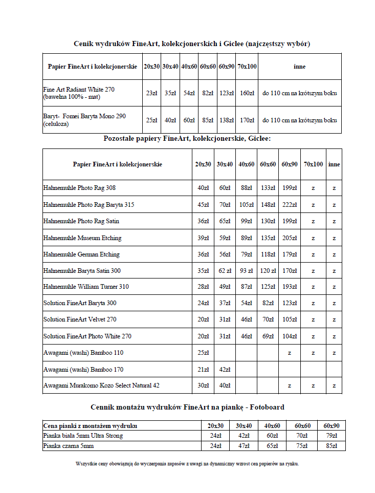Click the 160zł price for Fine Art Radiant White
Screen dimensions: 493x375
[x=247, y=93]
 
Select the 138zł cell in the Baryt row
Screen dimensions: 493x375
[x=227, y=120]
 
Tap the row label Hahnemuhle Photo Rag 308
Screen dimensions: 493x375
[x=79, y=188]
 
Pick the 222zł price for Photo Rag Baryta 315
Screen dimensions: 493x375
[x=290, y=205]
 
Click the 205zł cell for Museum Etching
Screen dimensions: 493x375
[x=290, y=238]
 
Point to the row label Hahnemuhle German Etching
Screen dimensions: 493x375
[x=81, y=254]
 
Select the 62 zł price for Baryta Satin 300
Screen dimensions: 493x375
[x=225, y=271]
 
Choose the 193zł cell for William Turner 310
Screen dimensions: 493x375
[x=290, y=287]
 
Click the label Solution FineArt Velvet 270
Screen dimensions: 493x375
[x=80, y=319]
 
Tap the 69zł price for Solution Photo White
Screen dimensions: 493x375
[x=268, y=336]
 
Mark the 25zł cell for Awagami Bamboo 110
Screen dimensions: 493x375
[x=203, y=353]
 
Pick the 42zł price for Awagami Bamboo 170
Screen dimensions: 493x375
[x=225, y=370]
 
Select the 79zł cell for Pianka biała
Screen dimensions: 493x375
[x=331, y=436]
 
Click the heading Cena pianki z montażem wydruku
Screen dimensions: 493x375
[x=90, y=426]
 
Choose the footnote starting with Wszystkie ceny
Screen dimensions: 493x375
[x=187, y=464]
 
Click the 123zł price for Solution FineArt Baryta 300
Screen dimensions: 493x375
[x=290, y=304]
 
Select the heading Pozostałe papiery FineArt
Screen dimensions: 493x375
[x=187, y=138]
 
